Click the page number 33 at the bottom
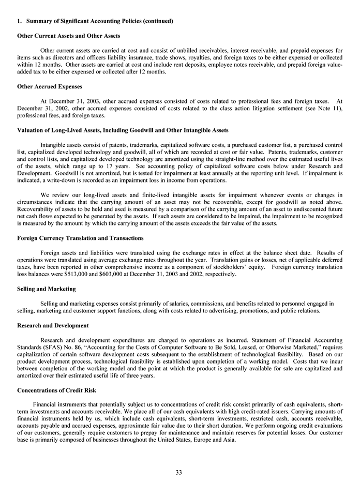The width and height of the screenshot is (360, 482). (x=178, y=471)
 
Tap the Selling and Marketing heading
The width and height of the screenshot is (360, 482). (x=47, y=289)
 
